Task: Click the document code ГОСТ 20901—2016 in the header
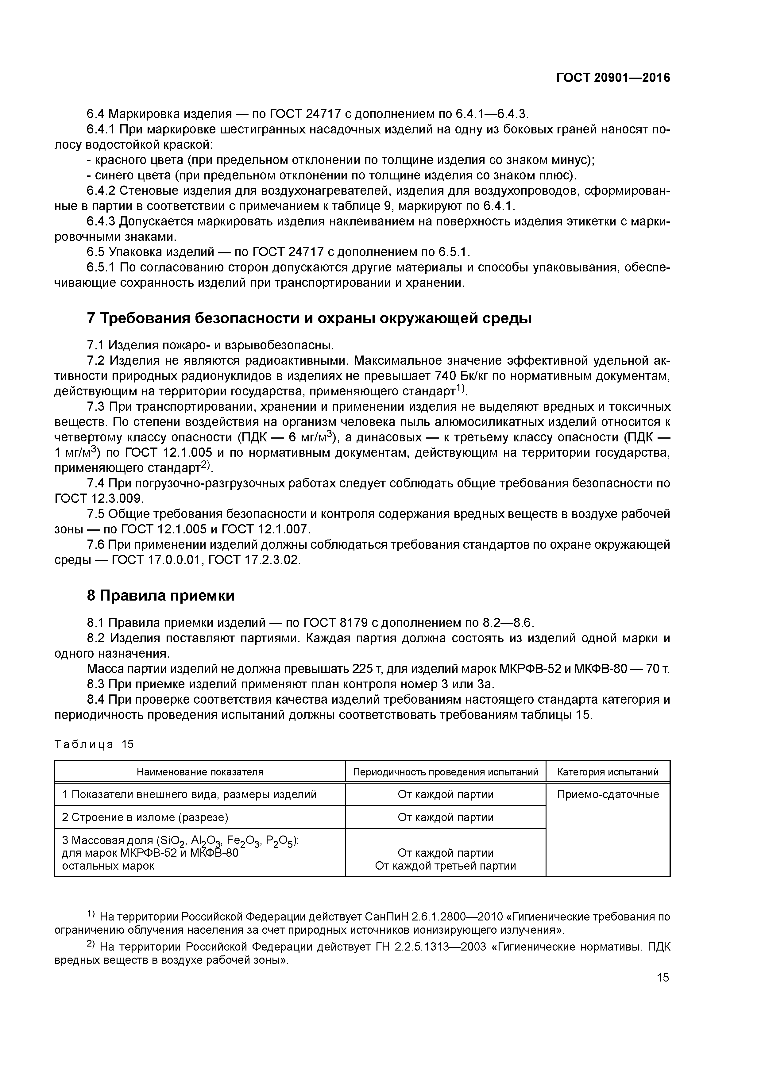pyautogui.click(x=613, y=78)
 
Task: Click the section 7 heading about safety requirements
pyautogui.click(x=310, y=319)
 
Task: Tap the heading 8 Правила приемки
pyautogui.click(x=161, y=596)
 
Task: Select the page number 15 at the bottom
pyautogui.click(x=662, y=977)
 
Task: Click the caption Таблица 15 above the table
pyautogui.click(x=94, y=744)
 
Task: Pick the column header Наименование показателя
pyautogui.click(x=200, y=772)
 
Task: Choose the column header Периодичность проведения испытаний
pyautogui.click(x=446, y=772)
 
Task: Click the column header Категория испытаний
pyautogui.click(x=608, y=772)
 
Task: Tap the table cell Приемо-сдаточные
pyautogui.click(x=608, y=794)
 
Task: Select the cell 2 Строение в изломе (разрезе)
pyautogui.click(x=145, y=817)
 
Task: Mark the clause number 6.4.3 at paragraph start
pyautogui.click(x=101, y=221)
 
